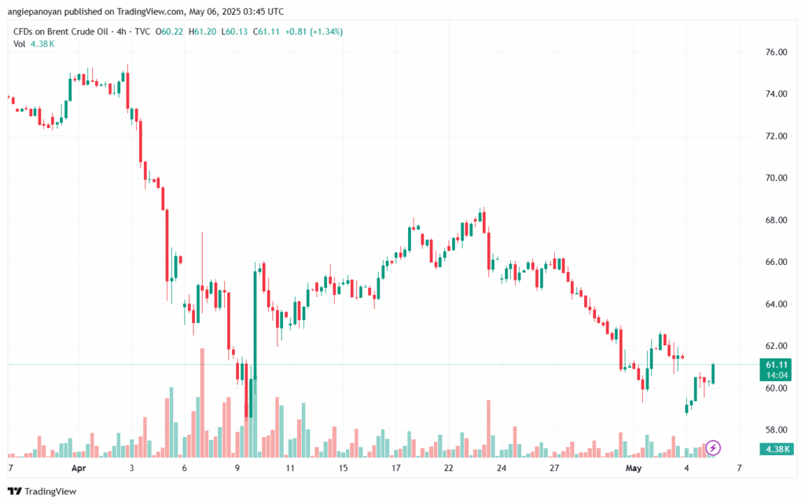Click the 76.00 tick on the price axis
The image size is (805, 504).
click(x=776, y=52)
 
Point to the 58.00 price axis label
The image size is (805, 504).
click(x=776, y=430)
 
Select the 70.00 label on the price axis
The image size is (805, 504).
click(x=776, y=178)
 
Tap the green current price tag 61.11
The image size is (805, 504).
click(x=776, y=365)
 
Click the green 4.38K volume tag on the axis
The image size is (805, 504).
click(x=776, y=448)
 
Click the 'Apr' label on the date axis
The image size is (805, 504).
click(x=79, y=468)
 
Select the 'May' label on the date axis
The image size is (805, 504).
click(x=634, y=468)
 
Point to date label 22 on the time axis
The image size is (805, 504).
click(x=449, y=468)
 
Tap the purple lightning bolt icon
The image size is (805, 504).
click(x=713, y=447)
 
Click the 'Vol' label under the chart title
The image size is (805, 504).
click(x=19, y=44)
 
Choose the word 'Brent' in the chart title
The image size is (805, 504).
click(x=63, y=31)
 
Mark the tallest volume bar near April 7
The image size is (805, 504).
click(x=202, y=401)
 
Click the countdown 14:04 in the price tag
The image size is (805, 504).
click(x=776, y=377)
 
